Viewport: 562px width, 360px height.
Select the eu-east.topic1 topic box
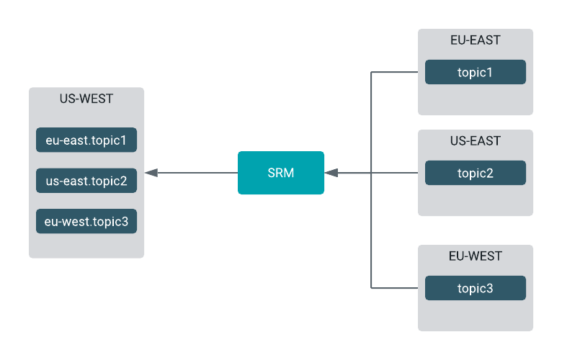tap(86, 140)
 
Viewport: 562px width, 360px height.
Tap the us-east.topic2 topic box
tap(86, 181)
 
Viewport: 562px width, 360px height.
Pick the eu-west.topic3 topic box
tap(86, 221)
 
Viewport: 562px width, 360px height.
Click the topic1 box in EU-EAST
tap(476, 72)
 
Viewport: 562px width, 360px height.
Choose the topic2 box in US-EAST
tap(476, 173)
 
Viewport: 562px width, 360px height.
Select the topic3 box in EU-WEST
tap(476, 288)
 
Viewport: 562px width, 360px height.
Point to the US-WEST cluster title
tap(86, 99)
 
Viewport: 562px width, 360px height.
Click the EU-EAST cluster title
tap(476, 40)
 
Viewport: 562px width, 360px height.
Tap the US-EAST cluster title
tap(476, 141)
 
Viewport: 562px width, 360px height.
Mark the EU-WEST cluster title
tap(476, 256)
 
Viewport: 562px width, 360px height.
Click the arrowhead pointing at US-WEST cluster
tap(151, 173)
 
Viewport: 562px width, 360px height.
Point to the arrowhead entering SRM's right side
tap(331, 173)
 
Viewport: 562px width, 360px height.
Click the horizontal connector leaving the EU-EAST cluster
tap(395, 72)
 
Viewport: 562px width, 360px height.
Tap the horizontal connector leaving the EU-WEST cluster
tap(395, 288)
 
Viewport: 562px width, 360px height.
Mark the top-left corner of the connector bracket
tap(371, 72)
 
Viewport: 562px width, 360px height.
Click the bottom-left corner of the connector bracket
tap(371, 288)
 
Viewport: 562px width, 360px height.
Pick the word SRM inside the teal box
tap(281, 173)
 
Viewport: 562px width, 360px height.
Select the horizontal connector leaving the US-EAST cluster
tap(395, 173)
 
